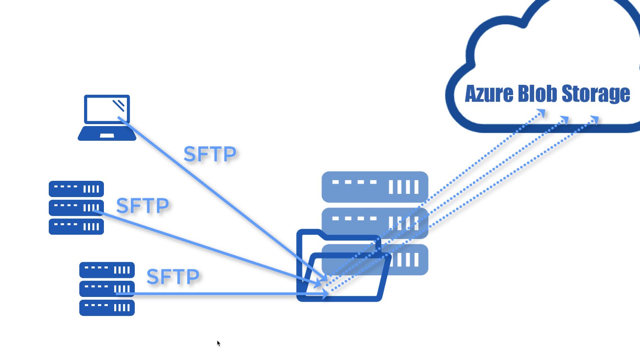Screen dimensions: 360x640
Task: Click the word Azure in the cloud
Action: point(489,94)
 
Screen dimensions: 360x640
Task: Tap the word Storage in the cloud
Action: point(595,94)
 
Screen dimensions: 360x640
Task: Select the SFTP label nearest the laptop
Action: point(210,154)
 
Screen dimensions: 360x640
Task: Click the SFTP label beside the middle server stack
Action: point(142,206)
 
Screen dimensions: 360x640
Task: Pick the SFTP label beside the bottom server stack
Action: point(173,277)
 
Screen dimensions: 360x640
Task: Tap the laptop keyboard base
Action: point(107,134)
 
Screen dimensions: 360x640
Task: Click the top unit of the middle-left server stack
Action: point(76,189)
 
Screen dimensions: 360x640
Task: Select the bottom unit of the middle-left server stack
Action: point(76,227)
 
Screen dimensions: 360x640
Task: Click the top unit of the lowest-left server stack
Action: point(107,270)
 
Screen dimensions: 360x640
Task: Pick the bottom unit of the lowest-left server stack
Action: point(107,308)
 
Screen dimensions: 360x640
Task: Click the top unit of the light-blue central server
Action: point(375,187)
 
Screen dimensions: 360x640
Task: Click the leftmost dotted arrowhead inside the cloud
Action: point(542,114)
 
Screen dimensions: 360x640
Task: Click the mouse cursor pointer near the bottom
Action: point(218,343)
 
